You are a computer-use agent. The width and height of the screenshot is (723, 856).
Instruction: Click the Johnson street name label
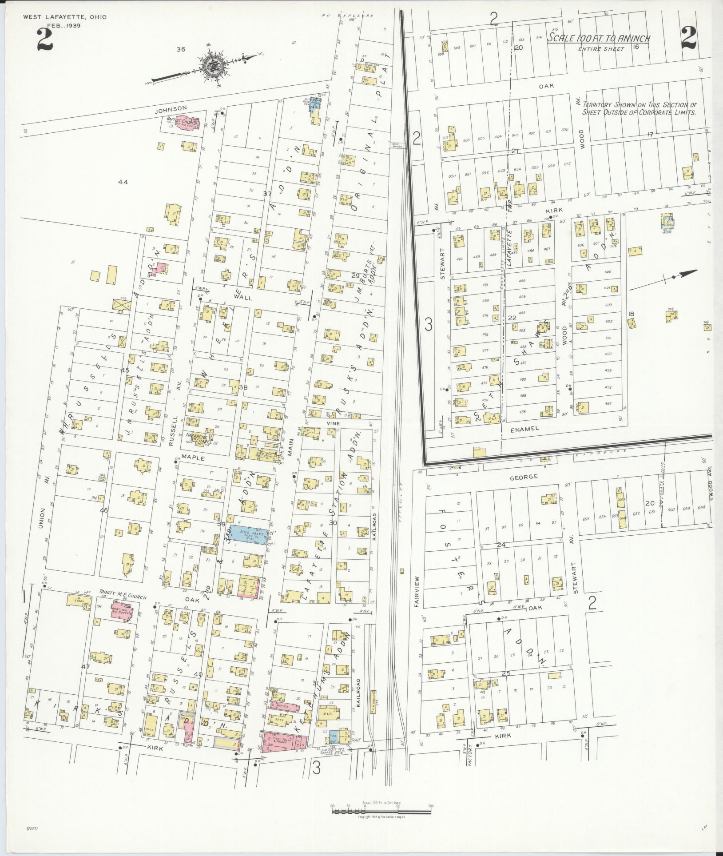171,108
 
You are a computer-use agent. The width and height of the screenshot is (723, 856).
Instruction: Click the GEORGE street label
527,476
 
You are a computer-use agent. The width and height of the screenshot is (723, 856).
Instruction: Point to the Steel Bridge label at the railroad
397,145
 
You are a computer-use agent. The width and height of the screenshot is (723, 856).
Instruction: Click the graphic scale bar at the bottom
381,812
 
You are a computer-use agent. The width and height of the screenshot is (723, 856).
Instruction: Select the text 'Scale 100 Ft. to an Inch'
598,39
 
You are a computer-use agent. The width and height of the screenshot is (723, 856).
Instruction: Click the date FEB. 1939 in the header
65,25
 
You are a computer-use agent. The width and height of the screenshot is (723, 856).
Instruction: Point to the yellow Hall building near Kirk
150,726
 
